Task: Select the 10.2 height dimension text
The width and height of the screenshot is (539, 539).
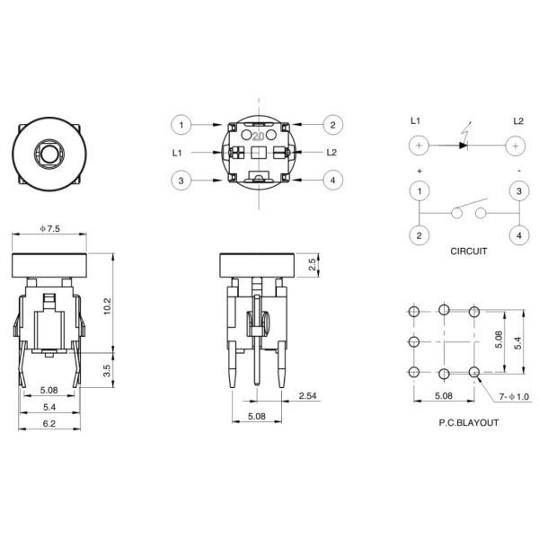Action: click(x=107, y=306)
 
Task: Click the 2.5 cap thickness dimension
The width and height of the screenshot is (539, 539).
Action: click(x=312, y=265)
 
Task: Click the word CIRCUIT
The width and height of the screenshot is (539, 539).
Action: click(x=468, y=252)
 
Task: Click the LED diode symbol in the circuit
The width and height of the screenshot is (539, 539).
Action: click(x=464, y=144)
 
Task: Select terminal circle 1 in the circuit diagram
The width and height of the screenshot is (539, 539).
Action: click(x=419, y=191)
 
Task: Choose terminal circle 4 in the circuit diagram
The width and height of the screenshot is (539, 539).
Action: click(x=517, y=235)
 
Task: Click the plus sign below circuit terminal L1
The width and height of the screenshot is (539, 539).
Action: click(x=419, y=170)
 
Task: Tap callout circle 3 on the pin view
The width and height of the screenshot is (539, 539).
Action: click(x=182, y=181)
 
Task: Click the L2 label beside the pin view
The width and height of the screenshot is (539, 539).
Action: click(x=331, y=153)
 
